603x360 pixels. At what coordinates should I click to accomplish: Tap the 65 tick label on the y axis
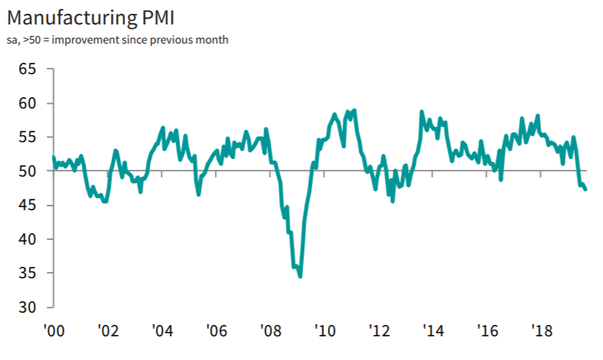pyautogui.click(x=28, y=70)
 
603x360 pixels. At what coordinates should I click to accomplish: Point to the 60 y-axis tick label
pyautogui.click(x=28, y=103)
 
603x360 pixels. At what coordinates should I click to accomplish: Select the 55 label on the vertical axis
pyautogui.click(x=28, y=138)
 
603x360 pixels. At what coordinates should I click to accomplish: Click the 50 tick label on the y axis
pyautogui.click(x=28, y=171)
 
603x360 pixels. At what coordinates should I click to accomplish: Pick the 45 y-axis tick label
pyautogui.click(x=28, y=206)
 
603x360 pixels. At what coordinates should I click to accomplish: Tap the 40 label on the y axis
pyautogui.click(x=28, y=239)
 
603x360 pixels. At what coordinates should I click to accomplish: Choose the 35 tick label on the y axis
pyautogui.click(x=28, y=274)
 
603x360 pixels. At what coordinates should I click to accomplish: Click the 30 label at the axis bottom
pyautogui.click(x=28, y=307)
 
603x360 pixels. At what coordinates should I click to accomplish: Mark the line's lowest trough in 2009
pyautogui.click(x=300, y=277)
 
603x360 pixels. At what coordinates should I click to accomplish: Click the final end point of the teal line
pyautogui.click(x=586, y=190)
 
